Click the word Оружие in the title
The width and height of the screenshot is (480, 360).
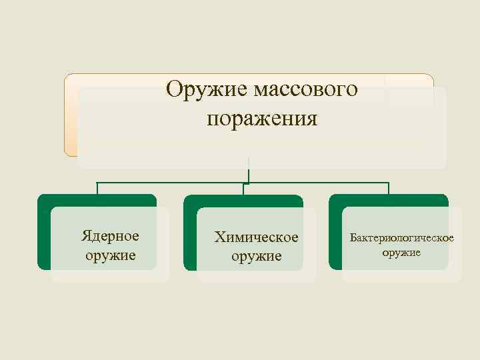(x=205, y=88)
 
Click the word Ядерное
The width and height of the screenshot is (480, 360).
(x=110, y=236)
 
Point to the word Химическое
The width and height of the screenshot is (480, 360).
(x=256, y=237)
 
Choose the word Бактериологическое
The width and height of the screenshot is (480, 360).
(x=402, y=238)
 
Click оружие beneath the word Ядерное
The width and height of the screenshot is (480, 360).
(x=111, y=255)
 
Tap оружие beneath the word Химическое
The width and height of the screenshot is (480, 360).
(x=256, y=256)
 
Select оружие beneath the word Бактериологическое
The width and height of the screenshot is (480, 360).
(x=402, y=253)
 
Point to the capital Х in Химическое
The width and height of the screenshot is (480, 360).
(x=219, y=237)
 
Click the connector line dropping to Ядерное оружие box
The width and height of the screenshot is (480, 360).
(x=97, y=188)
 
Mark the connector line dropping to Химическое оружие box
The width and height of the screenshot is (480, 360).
(x=243, y=189)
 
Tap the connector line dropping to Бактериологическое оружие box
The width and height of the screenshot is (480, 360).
(x=389, y=188)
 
